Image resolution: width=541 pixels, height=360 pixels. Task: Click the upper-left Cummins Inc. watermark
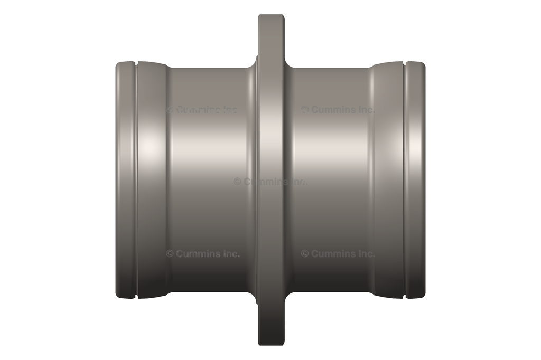(x=202, y=110)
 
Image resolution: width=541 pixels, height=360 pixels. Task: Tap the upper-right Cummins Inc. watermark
(x=338, y=110)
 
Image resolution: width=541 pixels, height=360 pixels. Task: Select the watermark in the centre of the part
(x=270, y=181)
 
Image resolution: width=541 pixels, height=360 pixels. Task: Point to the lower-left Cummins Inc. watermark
(x=203, y=253)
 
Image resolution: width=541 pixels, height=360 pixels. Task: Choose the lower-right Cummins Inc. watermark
(x=338, y=253)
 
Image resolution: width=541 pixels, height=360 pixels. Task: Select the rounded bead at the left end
(x=125, y=179)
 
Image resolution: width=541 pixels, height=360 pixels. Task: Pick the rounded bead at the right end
(x=416, y=179)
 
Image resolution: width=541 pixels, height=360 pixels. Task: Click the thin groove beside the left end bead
(x=136, y=179)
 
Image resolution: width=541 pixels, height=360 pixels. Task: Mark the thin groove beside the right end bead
(x=405, y=179)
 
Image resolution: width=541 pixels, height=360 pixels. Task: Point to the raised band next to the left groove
(x=151, y=179)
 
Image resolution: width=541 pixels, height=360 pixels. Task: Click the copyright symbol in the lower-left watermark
(x=170, y=253)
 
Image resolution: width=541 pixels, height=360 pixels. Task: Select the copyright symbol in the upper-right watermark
(x=305, y=110)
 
